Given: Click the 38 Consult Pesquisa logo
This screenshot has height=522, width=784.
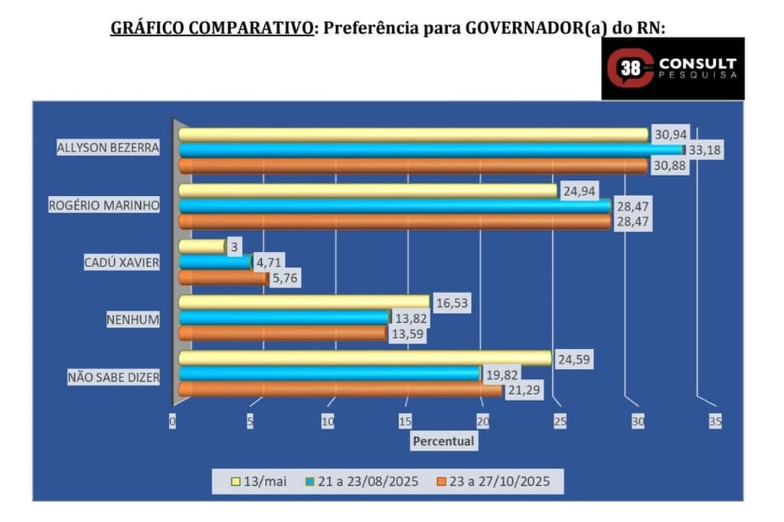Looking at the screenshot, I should point(672,68).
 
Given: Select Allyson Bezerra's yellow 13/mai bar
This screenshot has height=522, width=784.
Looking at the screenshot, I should point(413,135).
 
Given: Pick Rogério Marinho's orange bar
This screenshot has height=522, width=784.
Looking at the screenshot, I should point(394,221).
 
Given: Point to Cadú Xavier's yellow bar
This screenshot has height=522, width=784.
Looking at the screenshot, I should point(202,246).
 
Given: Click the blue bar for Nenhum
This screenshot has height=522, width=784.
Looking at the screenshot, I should point(284,317).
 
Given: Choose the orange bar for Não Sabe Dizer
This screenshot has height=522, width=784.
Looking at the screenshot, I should point(341,390).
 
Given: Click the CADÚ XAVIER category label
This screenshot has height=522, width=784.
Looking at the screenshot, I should point(122,263).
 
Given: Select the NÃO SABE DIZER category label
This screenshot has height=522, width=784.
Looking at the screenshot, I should point(114,377).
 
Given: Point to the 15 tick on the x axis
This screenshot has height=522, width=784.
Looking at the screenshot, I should point(405,421).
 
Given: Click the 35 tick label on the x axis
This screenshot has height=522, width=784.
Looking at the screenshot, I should point(715,421).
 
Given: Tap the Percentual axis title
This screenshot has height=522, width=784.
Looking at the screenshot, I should point(443,441).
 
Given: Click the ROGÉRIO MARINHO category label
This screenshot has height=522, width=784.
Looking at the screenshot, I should point(104,206).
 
